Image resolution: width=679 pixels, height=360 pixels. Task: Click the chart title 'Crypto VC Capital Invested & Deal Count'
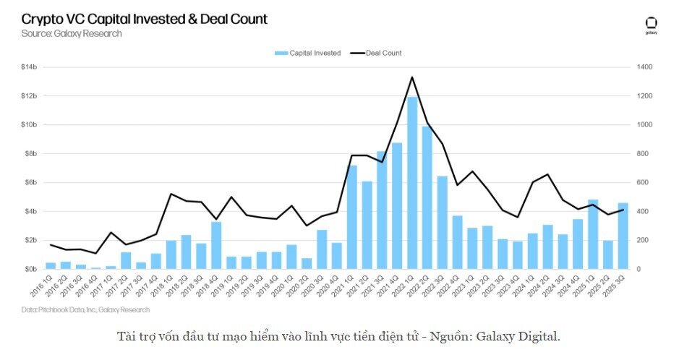click(144, 20)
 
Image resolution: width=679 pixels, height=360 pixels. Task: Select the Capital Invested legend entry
click(307, 53)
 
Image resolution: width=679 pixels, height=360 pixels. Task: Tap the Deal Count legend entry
click(376, 53)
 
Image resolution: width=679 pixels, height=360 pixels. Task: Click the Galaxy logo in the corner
click(651, 25)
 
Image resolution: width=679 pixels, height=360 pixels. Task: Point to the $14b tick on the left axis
click(29, 67)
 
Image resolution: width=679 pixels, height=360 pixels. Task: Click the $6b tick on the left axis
click(30, 182)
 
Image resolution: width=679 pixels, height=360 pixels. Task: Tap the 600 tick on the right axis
click(644, 182)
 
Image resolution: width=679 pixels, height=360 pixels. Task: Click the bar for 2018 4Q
click(216, 245)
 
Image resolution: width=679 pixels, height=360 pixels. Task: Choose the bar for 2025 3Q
click(623, 236)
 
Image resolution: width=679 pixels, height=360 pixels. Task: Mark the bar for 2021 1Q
click(352, 217)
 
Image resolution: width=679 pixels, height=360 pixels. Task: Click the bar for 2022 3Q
click(443, 223)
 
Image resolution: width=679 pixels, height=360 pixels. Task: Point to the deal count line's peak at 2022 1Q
click(412, 77)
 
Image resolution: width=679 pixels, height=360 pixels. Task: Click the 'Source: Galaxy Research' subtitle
click(71, 33)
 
